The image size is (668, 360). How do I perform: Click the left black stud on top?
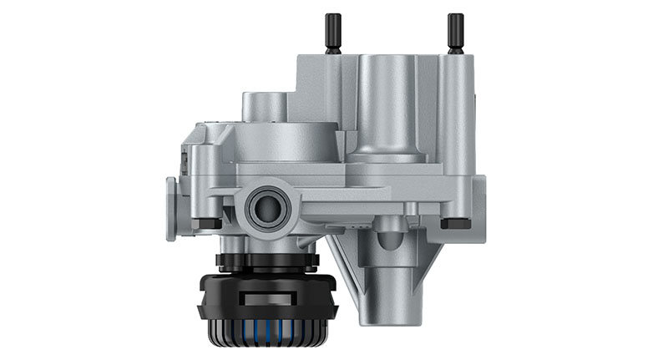click(x=333, y=33)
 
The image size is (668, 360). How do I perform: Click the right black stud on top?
click(x=455, y=33)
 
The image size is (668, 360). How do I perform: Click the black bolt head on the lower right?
click(x=456, y=223)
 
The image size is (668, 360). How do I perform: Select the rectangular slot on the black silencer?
click(x=267, y=297)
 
